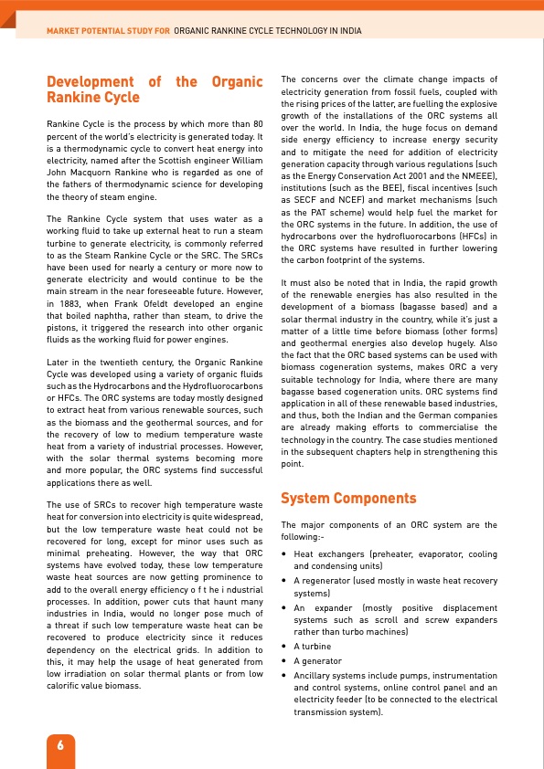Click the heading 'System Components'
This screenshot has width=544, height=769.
[x=347, y=499]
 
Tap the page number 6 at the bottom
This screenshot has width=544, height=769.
[x=60, y=743]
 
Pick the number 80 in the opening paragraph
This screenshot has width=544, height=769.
[x=258, y=122]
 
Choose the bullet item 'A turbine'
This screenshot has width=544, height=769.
[x=315, y=645]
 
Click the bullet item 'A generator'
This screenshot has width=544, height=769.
[x=318, y=660]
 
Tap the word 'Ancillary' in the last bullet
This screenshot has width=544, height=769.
[x=315, y=675]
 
